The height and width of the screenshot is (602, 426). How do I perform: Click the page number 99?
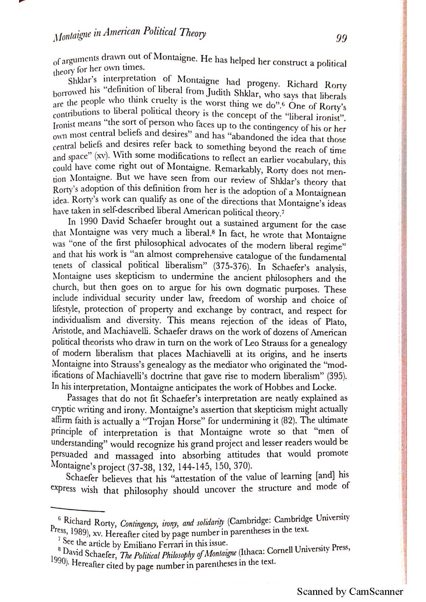tap(341, 39)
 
